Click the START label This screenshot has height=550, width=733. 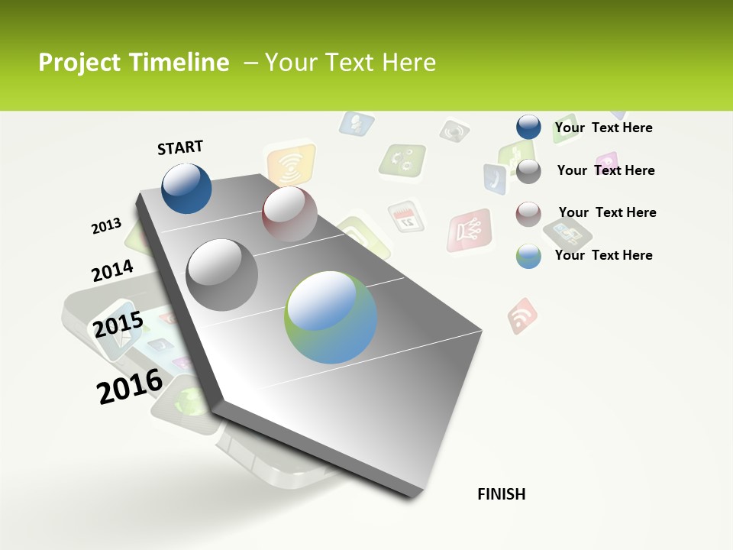click(180, 147)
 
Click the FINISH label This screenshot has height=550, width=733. click(501, 494)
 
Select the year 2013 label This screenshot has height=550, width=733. click(107, 226)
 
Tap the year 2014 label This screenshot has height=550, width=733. click(112, 271)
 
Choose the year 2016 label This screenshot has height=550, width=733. click(130, 387)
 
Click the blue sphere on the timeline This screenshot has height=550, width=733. click(187, 188)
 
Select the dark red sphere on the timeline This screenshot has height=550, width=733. click(289, 214)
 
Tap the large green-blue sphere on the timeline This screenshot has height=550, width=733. click(331, 317)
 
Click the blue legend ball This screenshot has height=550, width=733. click(528, 128)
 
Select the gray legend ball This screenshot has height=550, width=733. click(528, 171)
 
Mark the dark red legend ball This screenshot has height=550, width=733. click(528, 213)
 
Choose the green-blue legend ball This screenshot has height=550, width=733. click(528, 256)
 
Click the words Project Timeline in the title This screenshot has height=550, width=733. click(134, 63)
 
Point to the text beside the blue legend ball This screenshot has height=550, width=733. click(603, 128)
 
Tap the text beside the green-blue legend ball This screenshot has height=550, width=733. click(603, 255)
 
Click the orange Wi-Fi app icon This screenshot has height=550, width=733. click(291, 163)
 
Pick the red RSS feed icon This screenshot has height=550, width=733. click(523, 315)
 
